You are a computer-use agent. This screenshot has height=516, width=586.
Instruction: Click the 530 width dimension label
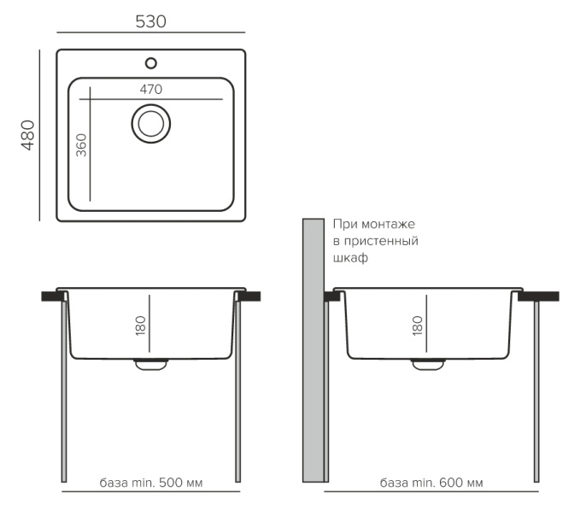pos(150,21)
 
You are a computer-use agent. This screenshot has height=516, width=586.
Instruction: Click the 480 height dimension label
pos(28,135)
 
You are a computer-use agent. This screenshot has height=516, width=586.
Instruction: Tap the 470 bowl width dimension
pos(151,90)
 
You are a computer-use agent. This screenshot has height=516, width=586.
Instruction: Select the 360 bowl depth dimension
pos(81,145)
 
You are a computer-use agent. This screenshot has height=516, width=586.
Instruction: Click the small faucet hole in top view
pos(151,63)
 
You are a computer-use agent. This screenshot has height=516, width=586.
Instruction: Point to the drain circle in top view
pos(151,124)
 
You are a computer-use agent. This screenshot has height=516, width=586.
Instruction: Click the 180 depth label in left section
pos(140,325)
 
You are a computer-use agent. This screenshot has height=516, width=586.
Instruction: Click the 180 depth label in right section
pos(418,325)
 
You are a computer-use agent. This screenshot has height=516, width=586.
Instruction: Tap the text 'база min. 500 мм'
pos(151,483)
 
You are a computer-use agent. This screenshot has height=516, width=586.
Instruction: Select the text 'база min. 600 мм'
pos(431,483)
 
